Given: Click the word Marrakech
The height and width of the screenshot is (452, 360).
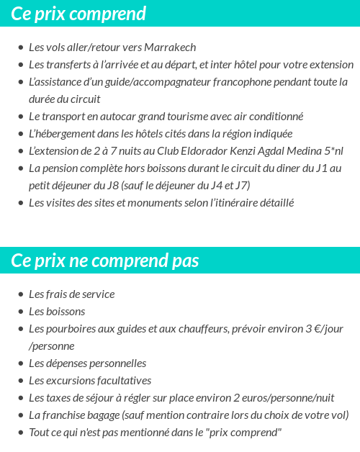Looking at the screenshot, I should coord(170,48).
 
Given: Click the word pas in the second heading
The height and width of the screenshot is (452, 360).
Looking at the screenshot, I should coord(185,260).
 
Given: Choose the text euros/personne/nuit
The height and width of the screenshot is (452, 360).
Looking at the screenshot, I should coord(288,398).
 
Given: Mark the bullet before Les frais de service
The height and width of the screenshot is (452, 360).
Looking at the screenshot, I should coord(20,295).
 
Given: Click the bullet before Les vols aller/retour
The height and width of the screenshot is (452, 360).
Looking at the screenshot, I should coord(20,48).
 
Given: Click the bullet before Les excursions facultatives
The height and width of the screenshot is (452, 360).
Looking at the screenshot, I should coord(20,381).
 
